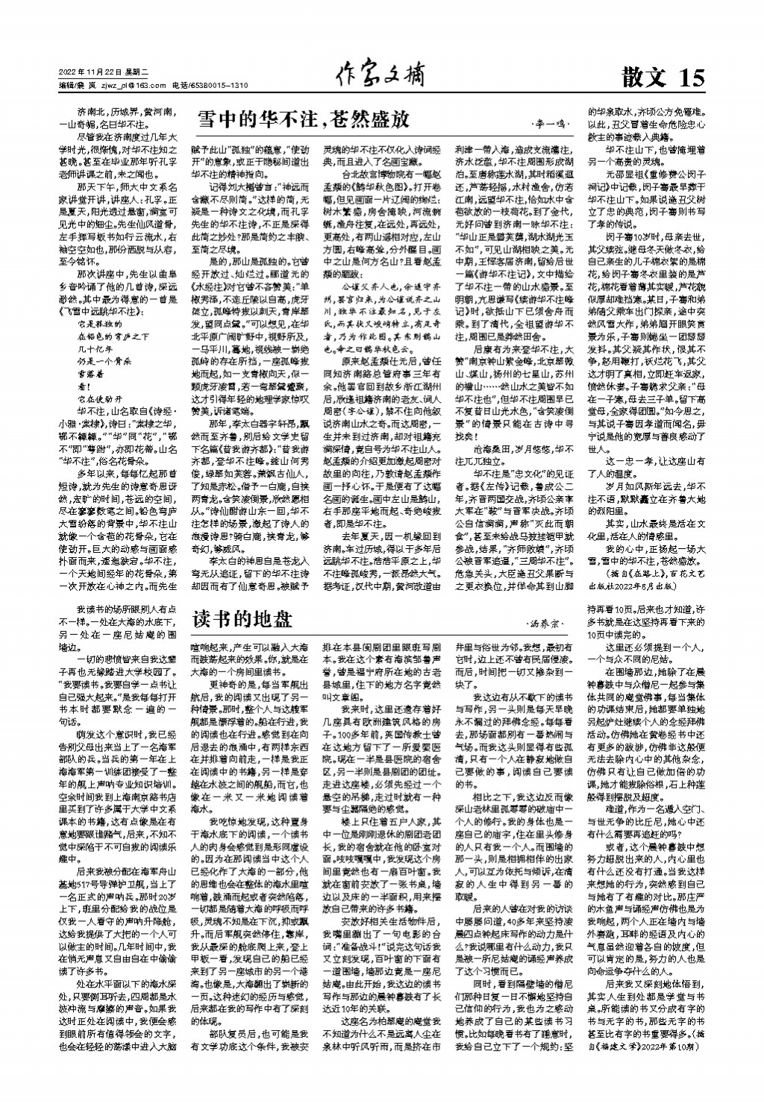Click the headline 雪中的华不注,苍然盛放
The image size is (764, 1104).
302,119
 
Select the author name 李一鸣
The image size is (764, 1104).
551,122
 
